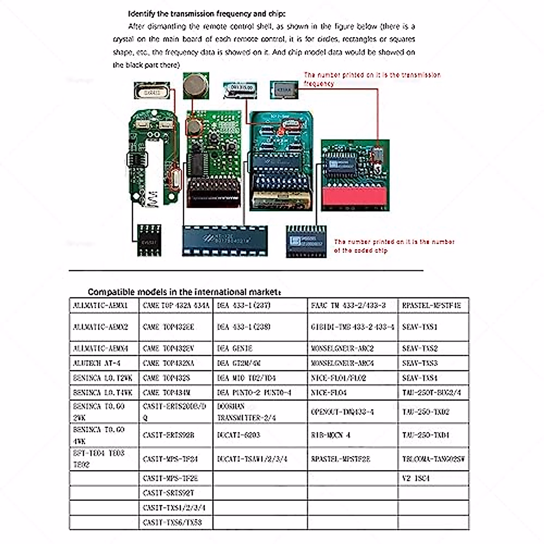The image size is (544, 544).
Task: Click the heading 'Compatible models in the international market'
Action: point(184,291)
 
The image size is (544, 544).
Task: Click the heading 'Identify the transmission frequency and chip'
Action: point(207,14)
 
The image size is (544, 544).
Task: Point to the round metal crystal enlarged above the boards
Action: point(195,85)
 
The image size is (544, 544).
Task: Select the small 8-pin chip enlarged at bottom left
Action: point(149,240)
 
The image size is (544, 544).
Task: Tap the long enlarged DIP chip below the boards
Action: point(224,241)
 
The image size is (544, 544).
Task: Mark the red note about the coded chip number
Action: point(394,246)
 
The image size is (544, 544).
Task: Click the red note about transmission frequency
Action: point(372,78)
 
